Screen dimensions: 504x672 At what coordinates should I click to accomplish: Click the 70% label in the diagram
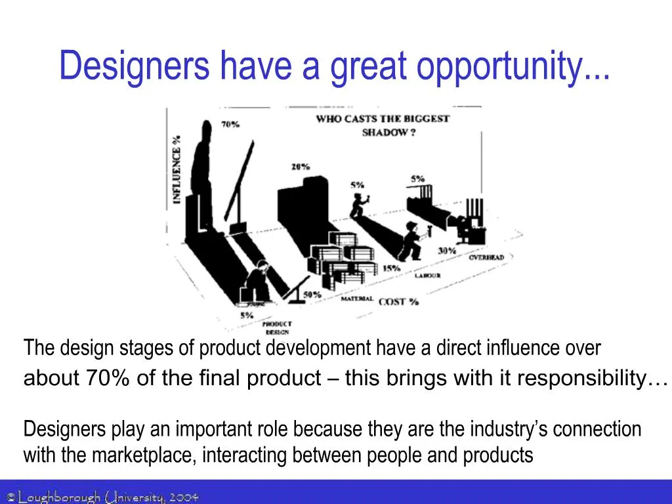(x=230, y=125)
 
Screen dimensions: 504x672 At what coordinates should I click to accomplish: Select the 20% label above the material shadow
(x=301, y=167)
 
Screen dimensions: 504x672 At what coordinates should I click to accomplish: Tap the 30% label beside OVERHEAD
(x=447, y=251)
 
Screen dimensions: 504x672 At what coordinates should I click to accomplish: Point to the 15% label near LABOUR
(x=392, y=268)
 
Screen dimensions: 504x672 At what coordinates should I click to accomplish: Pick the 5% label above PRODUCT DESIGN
(x=246, y=315)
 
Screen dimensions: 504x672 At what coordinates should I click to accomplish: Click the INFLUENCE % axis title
(x=177, y=169)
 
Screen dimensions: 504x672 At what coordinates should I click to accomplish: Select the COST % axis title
(x=398, y=301)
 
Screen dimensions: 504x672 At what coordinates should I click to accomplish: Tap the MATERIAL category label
(x=357, y=299)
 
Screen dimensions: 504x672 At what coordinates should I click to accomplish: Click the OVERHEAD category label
(x=486, y=257)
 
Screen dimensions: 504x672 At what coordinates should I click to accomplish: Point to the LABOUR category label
(x=427, y=276)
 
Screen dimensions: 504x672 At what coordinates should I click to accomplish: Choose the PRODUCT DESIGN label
(x=277, y=327)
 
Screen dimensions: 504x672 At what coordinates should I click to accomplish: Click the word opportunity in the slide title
(x=513, y=66)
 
